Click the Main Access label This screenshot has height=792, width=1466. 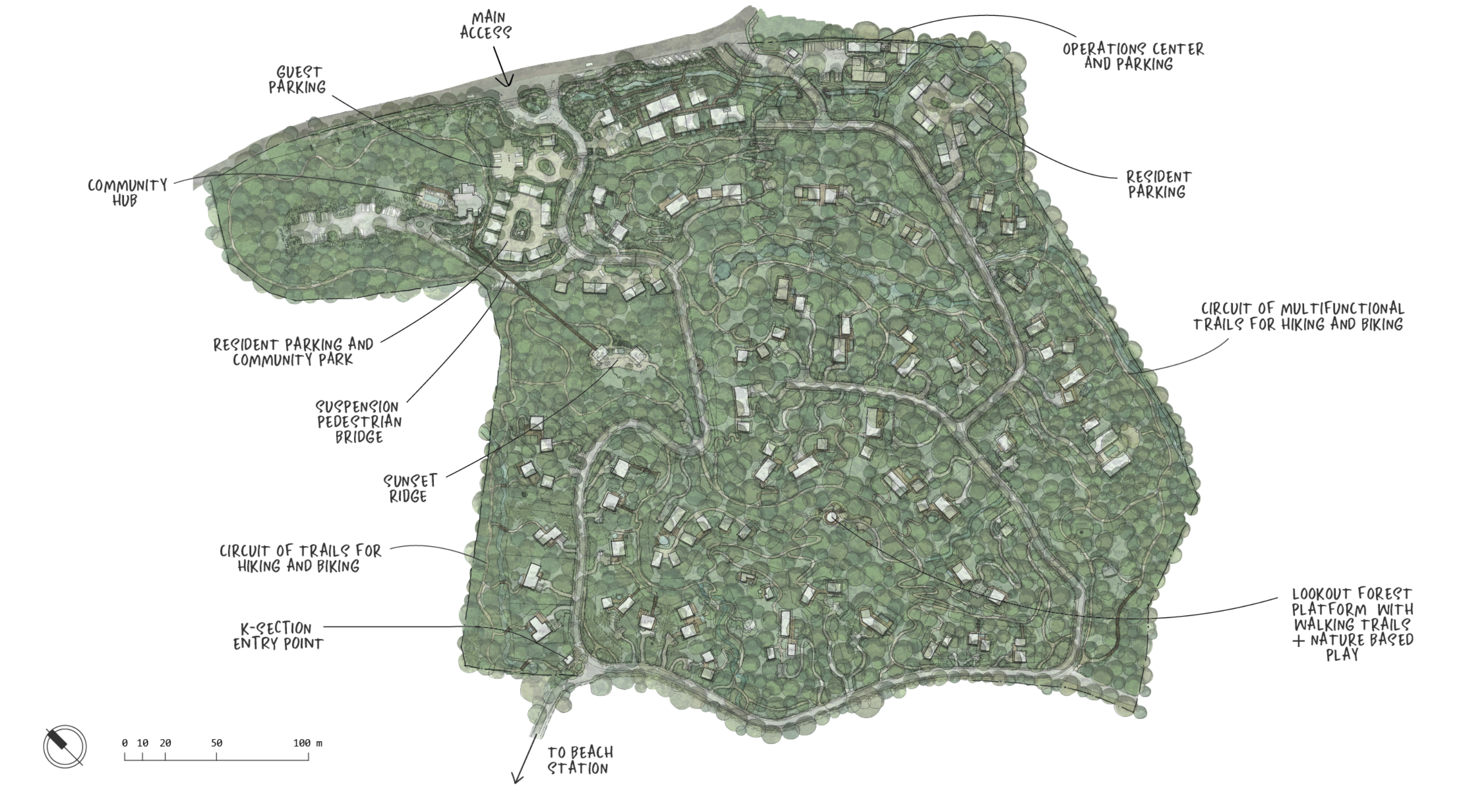(485, 25)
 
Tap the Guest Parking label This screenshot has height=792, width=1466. (297, 79)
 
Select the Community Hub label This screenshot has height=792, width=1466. (127, 193)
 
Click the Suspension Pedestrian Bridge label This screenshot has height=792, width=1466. (359, 422)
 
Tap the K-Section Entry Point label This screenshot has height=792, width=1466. (278, 636)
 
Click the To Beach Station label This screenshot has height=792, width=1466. (580, 760)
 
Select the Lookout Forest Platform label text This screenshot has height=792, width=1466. (1351, 624)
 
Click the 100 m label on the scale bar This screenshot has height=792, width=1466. (307, 743)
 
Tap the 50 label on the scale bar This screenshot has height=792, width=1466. (216, 743)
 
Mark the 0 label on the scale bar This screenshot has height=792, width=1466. (125, 743)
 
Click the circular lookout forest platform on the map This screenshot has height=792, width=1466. (831, 516)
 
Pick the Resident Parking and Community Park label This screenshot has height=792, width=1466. (293, 352)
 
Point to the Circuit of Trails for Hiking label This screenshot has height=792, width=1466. (300, 558)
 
